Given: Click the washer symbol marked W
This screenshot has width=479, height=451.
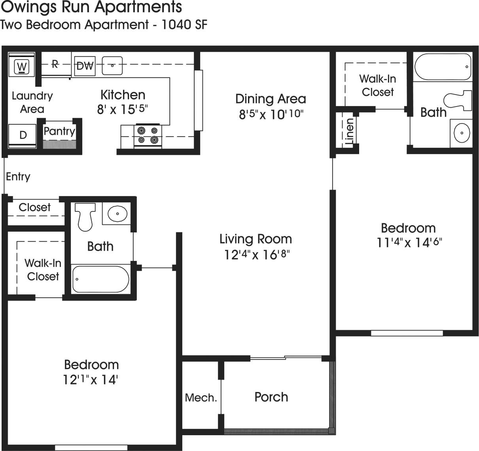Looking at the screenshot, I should (22, 66).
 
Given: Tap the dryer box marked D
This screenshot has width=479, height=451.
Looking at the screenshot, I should (23, 135).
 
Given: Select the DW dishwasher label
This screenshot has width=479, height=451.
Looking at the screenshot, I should (85, 66).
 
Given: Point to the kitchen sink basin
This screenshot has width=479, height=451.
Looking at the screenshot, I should (112, 66).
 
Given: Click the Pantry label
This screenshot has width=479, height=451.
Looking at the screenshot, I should (59, 131).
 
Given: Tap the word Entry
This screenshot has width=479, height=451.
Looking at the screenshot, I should (18, 177).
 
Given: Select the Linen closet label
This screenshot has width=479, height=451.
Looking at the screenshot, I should (349, 131).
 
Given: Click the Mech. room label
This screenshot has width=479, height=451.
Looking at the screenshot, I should (201, 398).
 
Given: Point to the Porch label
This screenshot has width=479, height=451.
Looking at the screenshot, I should (271, 397).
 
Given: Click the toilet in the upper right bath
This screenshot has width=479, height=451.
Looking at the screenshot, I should (459, 101).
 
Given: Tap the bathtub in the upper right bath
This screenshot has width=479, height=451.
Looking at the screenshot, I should (443, 67).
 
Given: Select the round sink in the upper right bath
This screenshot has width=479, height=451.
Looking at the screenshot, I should (461, 133).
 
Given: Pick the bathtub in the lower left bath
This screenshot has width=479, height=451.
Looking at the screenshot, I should (101, 279).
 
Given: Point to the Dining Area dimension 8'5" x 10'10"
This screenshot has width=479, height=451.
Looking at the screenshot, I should (271, 114).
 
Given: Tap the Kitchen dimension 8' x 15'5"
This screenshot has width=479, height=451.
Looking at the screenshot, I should (123, 109).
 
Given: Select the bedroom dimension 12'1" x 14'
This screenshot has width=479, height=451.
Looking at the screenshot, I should (91, 380).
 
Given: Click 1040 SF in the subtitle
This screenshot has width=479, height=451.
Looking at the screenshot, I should (184, 25).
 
